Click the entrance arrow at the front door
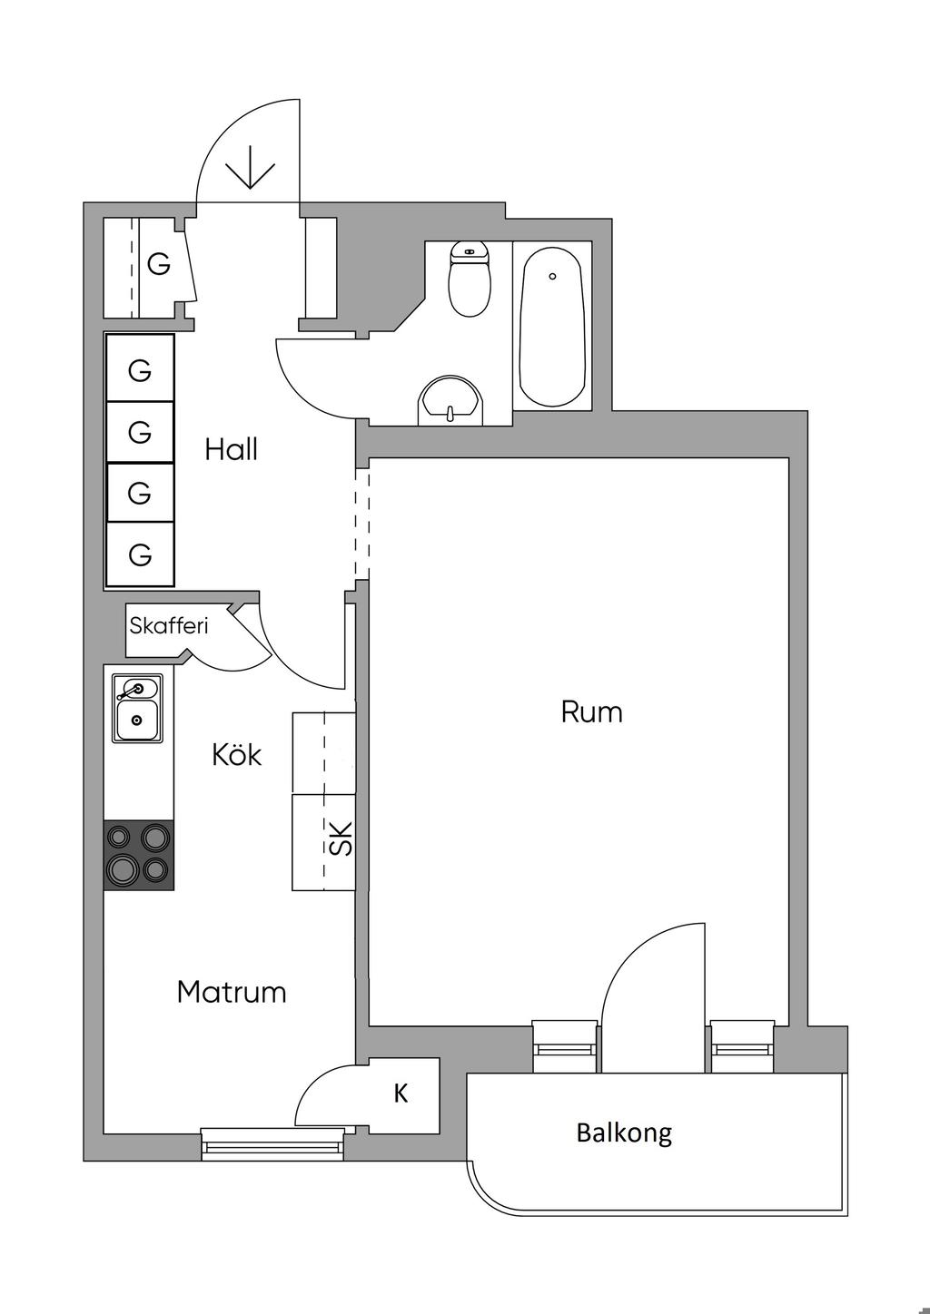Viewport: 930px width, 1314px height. click(x=250, y=168)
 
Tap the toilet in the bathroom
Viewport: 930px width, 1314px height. click(x=470, y=281)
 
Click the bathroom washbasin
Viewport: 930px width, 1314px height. click(x=450, y=401)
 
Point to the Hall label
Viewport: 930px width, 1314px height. click(x=231, y=449)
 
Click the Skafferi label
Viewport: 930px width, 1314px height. click(x=169, y=625)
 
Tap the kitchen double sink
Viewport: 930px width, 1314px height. click(x=137, y=708)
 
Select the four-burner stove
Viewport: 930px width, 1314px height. click(x=139, y=855)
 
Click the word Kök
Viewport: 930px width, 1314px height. click(x=236, y=754)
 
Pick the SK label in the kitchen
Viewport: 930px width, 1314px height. click(x=340, y=839)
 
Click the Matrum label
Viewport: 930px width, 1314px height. click(x=232, y=992)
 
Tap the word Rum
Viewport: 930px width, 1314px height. click(x=591, y=711)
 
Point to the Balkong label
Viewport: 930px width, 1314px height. click(x=624, y=1133)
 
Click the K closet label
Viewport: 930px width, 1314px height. click(x=401, y=1094)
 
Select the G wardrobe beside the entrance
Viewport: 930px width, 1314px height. click(x=158, y=265)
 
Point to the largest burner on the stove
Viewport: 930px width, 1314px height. click(x=124, y=868)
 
